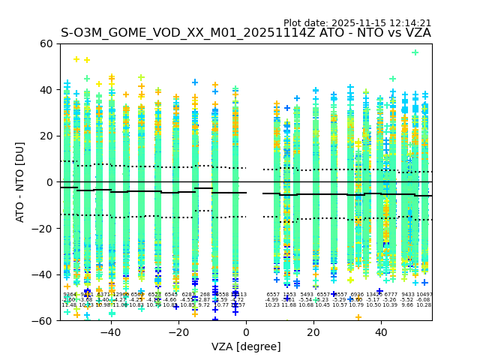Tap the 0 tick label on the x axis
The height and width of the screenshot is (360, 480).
[246, 332]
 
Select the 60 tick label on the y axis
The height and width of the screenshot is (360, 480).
[46, 43]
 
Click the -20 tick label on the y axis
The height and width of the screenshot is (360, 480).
[43, 228]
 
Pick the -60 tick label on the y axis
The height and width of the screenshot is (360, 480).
[43, 320]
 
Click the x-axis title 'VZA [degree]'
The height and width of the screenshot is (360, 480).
[246, 346]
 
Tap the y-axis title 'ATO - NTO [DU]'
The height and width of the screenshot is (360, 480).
[20, 182]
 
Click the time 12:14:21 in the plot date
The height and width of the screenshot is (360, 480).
[408, 23]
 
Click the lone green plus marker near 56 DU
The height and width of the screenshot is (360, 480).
[415, 52]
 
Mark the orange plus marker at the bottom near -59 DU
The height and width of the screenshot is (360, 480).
[358, 317]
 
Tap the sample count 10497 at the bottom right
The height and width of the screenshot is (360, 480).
[424, 295]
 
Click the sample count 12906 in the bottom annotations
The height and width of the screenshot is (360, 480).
[121, 295]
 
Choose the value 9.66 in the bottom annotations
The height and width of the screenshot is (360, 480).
[407, 305]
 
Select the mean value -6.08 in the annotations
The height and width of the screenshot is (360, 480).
[424, 300]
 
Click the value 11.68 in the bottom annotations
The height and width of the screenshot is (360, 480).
[289, 305]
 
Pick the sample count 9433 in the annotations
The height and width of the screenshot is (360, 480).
[407, 295]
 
